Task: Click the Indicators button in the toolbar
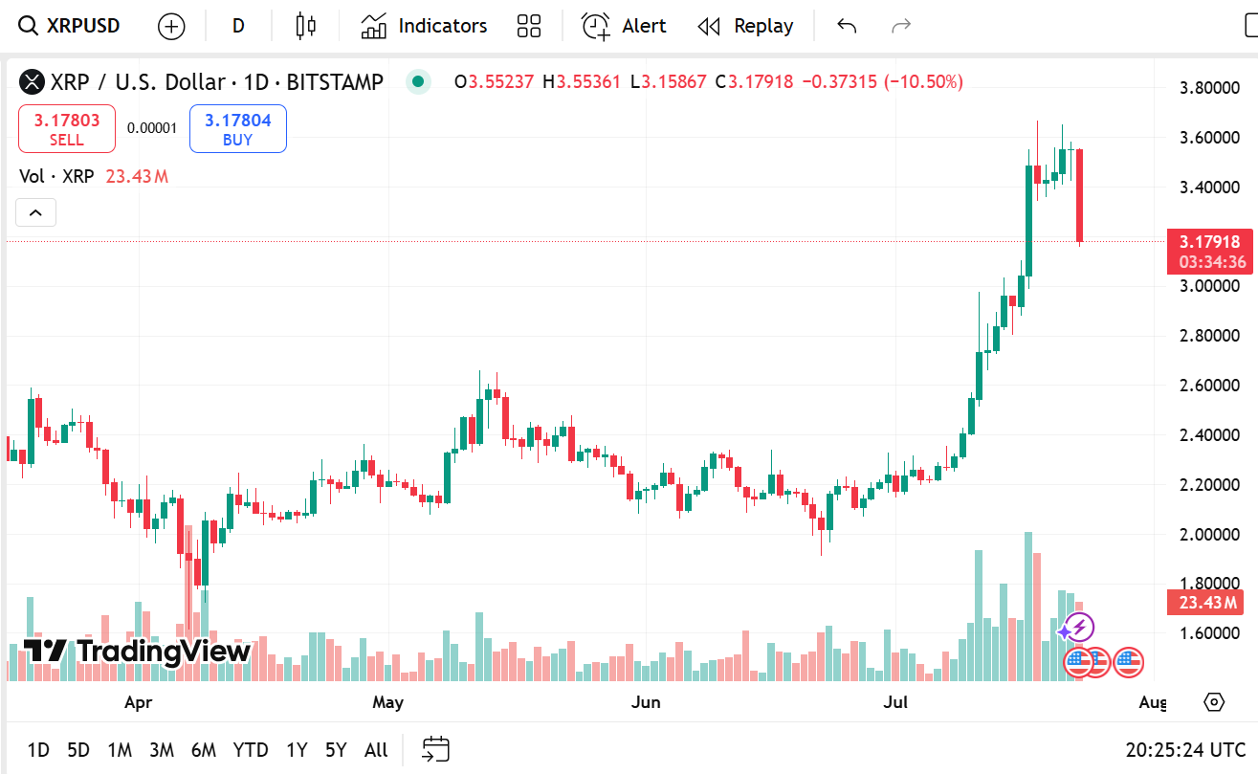(424, 26)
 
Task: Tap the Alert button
(624, 26)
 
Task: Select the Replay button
(745, 26)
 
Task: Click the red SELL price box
(67, 129)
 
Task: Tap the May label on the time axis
(387, 703)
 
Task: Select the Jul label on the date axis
(896, 703)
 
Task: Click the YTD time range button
(251, 750)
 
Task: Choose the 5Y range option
(336, 750)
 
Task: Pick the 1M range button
(120, 750)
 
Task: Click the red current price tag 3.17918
(1211, 242)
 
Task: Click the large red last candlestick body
(1080, 195)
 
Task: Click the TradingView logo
(137, 652)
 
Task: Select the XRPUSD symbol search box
(71, 26)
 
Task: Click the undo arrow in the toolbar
(847, 26)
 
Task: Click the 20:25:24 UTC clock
(1186, 750)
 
